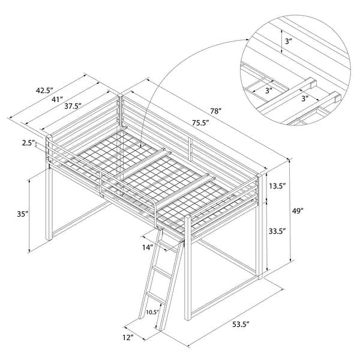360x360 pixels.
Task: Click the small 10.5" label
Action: [x=151, y=312]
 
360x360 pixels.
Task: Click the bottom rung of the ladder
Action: [x=157, y=298]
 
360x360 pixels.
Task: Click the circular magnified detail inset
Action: [x=296, y=71]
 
